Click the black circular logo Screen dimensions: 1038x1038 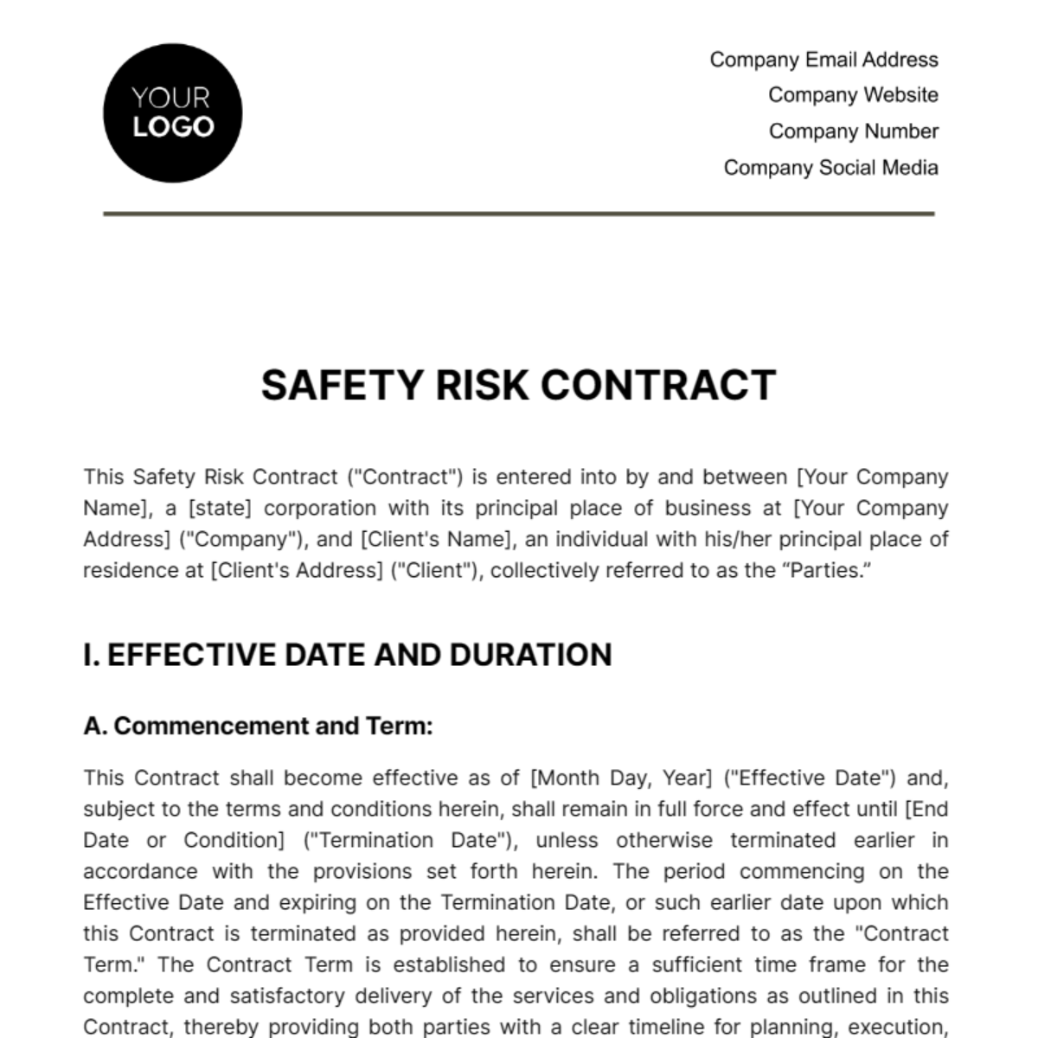(172, 113)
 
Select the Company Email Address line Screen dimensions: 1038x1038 (823, 60)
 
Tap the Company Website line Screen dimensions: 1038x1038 (853, 95)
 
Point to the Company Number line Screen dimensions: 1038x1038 (853, 131)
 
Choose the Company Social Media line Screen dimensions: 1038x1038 (830, 168)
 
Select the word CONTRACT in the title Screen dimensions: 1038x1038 (658, 386)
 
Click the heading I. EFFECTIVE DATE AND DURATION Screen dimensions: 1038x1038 (348, 655)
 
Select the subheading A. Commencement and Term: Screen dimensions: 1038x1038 (258, 726)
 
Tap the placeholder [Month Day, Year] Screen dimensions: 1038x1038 (620, 778)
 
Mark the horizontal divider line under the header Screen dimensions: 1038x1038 (519, 213)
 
